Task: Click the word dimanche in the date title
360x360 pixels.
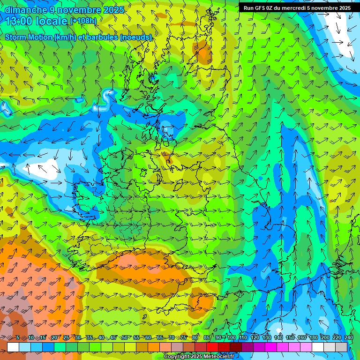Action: (x=25, y=9)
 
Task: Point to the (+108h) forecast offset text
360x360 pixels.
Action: (x=83, y=21)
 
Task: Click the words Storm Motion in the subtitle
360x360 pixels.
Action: (x=29, y=37)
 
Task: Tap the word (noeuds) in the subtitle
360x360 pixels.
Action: (x=136, y=37)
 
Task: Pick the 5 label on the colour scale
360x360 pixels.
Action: (x=18, y=338)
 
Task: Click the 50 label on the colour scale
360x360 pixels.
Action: (x=125, y=338)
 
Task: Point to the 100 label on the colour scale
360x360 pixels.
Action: (x=231, y=338)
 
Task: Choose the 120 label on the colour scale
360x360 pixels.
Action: (x=255, y=338)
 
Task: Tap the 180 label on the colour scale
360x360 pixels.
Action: (x=314, y=338)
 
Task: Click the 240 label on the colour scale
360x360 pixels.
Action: (x=349, y=338)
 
